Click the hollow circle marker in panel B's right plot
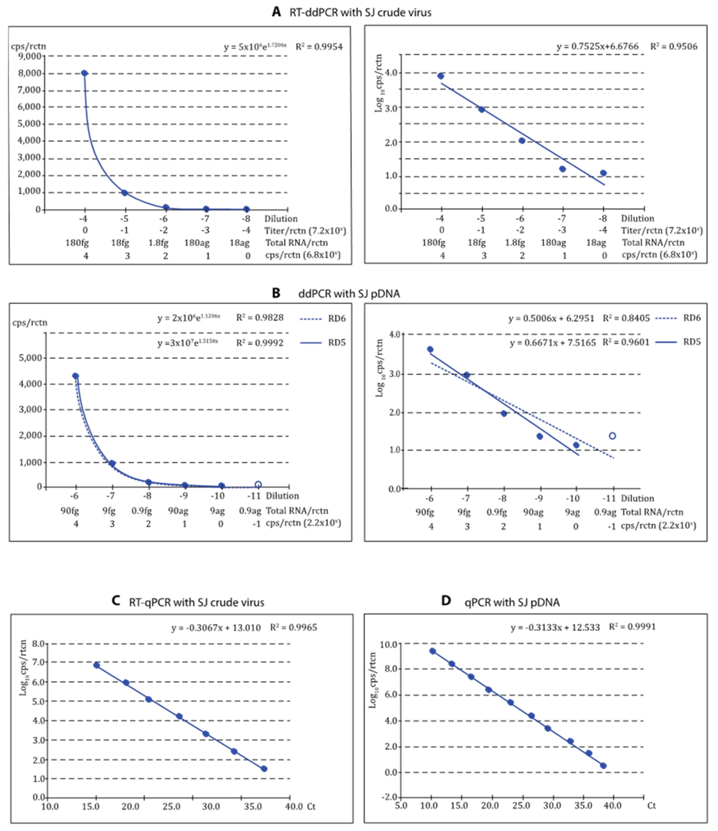[612, 436]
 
